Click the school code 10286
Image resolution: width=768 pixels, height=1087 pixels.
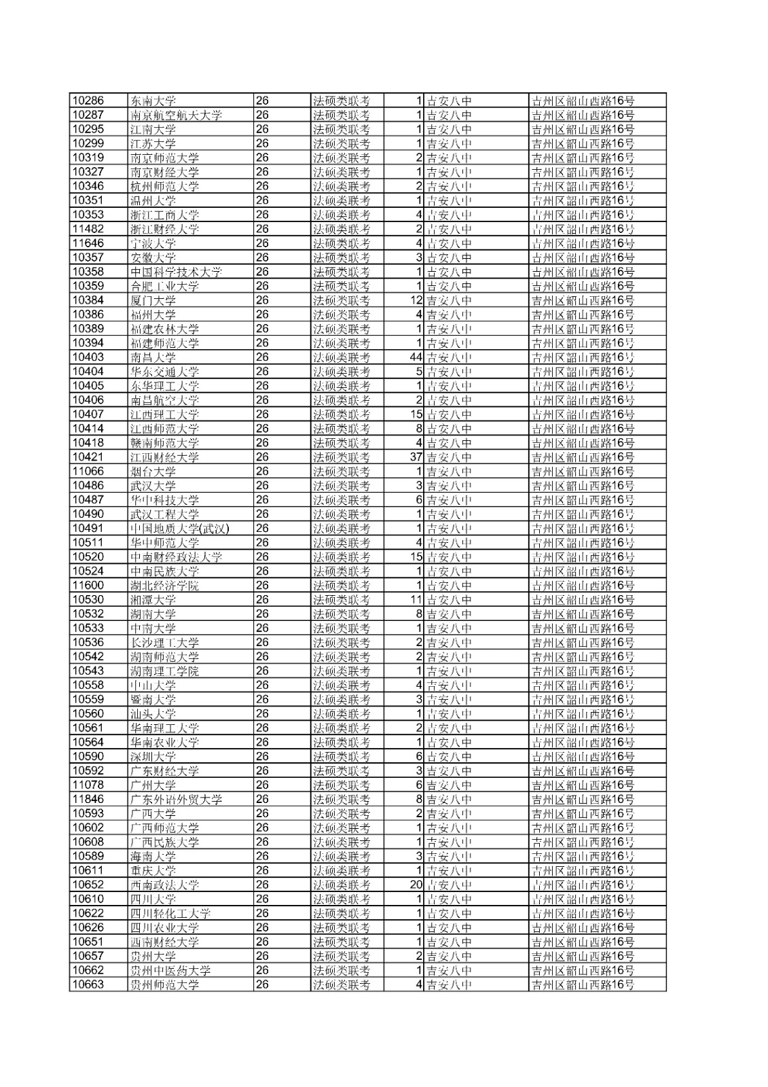[x=88, y=101]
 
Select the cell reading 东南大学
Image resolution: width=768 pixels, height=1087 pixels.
[x=153, y=101]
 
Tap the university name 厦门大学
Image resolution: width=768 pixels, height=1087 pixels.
[x=153, y=300]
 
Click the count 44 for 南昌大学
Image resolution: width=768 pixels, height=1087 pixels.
[x=416, y=357]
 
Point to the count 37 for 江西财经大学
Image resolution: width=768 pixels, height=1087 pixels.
[x=416, y=457]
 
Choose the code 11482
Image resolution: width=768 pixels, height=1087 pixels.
[x=88, y=229]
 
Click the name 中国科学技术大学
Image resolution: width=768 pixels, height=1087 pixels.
[x=177, y=272]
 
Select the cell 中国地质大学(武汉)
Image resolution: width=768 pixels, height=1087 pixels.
[x=180, y=529]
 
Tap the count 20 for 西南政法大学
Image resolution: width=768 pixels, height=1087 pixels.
[x=416, y=885]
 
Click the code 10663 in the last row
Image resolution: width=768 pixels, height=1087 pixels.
[x=88, y=984]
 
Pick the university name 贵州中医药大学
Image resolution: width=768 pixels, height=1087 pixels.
[x=170, y=970]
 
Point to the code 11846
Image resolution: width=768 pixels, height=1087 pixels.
[x=88, y=799]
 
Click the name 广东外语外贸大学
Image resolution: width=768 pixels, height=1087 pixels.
[x=177, y=799]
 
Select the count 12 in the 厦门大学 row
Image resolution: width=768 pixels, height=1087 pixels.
[x=416, y=300]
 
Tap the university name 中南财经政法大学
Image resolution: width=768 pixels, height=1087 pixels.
[x=177, y=557]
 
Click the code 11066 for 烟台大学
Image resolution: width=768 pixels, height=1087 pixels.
[x=88, y=471]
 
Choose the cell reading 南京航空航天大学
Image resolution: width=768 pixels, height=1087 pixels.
[x=177, y=115]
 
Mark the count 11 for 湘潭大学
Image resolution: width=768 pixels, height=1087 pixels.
[x=416, y=600]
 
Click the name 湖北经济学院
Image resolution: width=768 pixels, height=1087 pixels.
[x=165, y=586]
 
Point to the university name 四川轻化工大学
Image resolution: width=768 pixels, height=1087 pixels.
[x=170, y=913]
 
